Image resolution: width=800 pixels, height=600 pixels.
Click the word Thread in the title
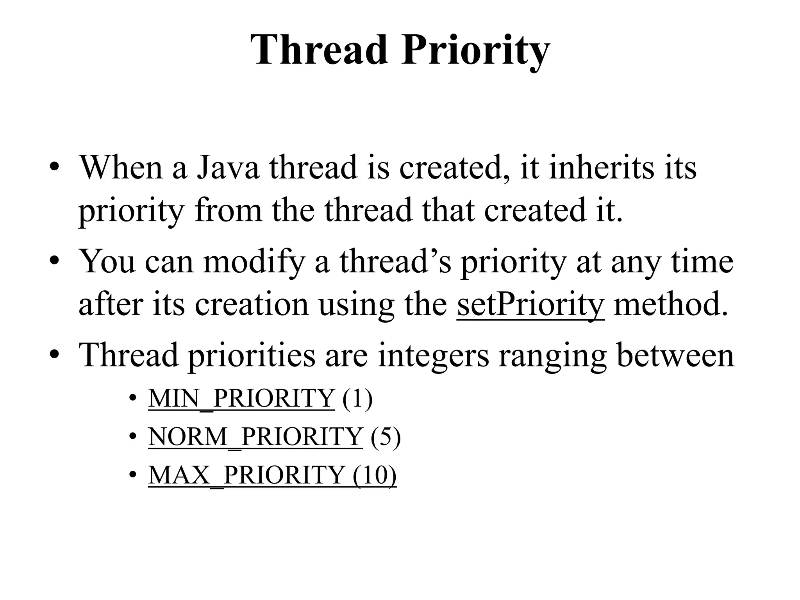pos(320,50)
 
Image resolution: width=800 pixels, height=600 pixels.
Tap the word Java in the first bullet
pos(228,167)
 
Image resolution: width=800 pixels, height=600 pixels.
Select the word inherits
pos(601,167)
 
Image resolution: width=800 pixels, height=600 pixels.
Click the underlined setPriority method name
pos(530,305)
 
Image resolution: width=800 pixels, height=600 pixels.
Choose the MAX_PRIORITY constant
pos(246,475)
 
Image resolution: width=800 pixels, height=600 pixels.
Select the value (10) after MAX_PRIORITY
pos(375,475)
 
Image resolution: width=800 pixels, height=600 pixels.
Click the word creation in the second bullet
pos(252,305)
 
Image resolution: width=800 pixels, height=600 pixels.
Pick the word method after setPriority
pos(671,305)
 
